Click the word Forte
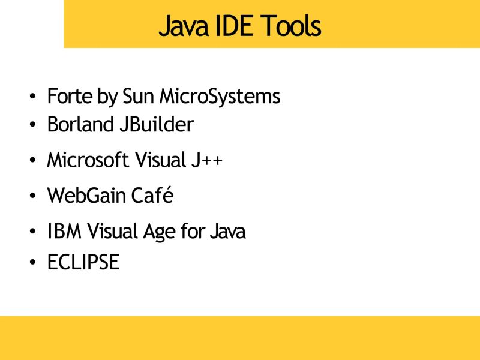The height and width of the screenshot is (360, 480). click(68, 96)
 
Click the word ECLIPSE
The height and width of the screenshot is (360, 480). click(83, 262)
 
